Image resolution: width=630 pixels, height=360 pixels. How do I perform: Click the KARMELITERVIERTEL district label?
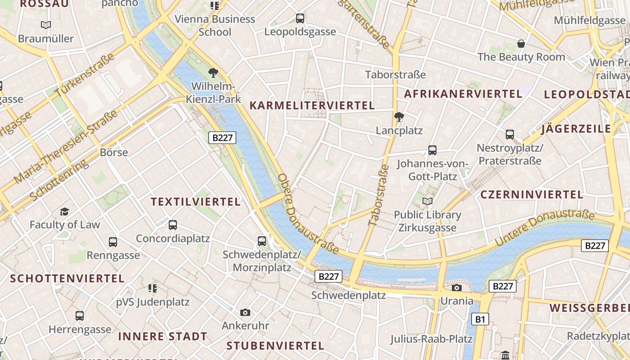pyautogui.click(x=312, y=106)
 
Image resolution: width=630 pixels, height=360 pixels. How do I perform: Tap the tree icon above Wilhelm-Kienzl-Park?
pyautogui.click(x=213, y=72)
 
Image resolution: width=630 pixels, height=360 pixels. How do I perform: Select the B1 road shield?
pyautogui.click(x=480, y=319)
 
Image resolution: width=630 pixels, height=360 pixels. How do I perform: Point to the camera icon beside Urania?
pyautogui.click(x=457, y=288)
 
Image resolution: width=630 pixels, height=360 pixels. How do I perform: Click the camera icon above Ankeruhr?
pyautogui.click(x=245, y=312)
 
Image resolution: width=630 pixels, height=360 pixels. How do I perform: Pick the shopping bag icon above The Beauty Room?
pyautogui.click(x=521, y=44)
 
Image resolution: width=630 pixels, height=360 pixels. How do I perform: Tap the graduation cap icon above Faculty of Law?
pyautogui.click(x=65, y=211)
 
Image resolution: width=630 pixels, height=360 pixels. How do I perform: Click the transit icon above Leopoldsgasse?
pyautogui.click(x=300, y=18)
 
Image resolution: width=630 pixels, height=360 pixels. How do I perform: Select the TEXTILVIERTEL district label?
pyautogui.click(x=196, y=202)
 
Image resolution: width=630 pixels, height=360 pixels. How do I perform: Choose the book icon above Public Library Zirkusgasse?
pyautogui.click(x=427, y=201)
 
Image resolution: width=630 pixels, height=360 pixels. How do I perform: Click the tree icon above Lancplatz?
pyautogui.click(x=399, y=117)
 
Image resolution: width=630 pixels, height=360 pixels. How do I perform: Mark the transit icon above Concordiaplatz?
pyautogui.click(x=173, y=225)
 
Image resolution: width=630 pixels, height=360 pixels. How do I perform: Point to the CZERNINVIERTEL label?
pyautogui.click(x=532, y=195)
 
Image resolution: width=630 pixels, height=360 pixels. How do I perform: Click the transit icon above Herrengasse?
pyautogui.click(x=80, y=316)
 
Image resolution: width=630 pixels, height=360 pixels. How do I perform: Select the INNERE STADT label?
pyautogui.click(x=162, y=336)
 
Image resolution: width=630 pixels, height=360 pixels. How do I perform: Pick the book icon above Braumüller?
pyautogui.click(x=46, y=25)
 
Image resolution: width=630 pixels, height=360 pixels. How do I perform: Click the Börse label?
pyautogui.click(x=114, y=153)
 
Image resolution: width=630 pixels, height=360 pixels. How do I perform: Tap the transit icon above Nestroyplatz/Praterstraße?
pyautogui.click(x=510, y=134)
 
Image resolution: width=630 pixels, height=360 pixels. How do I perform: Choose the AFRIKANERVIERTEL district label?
pyautogui.click(x=463, y=94)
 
